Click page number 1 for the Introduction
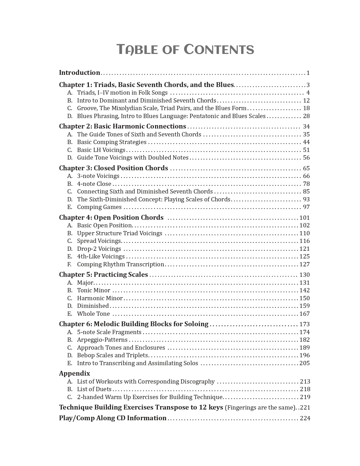308,73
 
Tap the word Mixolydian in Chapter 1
127,108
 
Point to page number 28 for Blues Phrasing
306,116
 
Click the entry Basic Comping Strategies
112,142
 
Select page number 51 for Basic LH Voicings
306,150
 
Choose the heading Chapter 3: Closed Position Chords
114,168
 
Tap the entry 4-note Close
94,184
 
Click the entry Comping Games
99,207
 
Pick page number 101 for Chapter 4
305,218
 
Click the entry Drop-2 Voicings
99,249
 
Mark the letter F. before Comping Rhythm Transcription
69,264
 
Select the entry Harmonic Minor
100,298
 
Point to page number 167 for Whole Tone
305,314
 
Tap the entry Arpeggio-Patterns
102,340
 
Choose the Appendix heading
75,373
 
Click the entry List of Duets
94,389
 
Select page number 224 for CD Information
305,418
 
